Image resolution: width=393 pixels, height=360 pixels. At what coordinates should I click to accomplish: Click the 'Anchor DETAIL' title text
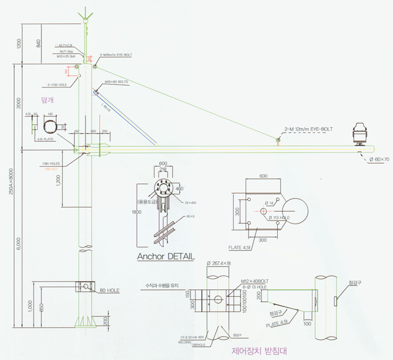pos(166,256)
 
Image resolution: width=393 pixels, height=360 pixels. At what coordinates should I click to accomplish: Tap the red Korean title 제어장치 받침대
pos(258,351)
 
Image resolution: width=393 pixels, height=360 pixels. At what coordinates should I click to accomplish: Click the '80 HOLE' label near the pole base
pos(110,290)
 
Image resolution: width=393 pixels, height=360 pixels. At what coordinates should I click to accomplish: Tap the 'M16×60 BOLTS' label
pos(116,82)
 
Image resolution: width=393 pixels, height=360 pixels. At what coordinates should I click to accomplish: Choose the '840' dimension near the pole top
pos(38,44)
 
